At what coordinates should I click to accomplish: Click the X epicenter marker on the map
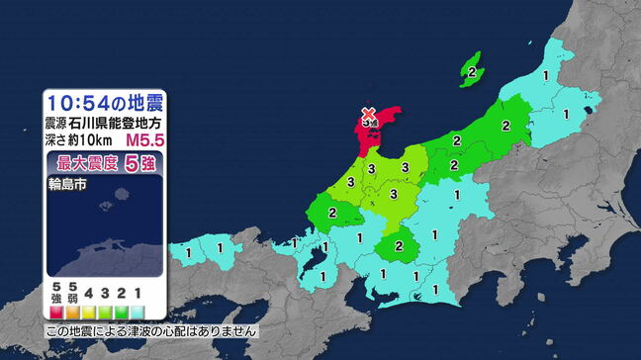[368, 114]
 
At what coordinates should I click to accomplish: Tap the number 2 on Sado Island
[473, 72]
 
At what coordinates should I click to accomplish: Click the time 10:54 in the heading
[81, 104]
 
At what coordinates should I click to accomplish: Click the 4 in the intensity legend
[90, 294]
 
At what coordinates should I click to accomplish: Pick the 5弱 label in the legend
[72, 294]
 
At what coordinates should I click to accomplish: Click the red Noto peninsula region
[364, 138]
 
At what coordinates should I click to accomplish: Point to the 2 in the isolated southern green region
[398, 245]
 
